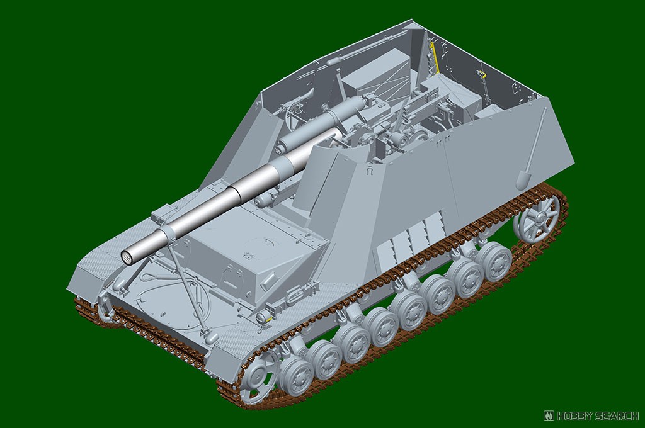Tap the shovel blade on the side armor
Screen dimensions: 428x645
pos(523,178)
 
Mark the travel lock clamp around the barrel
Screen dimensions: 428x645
pos(163,237)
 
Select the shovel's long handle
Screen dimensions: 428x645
pos(535,138)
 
